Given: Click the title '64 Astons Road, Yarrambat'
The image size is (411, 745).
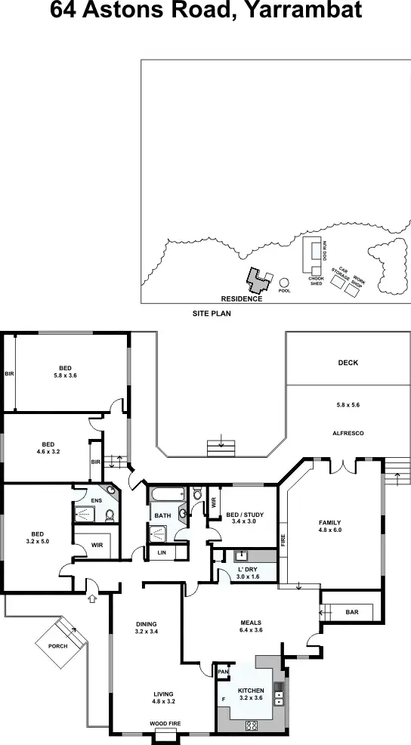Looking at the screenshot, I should pos(205,11).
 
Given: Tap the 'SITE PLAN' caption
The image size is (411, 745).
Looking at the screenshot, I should pos(211,313).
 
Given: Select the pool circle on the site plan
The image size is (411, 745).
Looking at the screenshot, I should pos(284,282).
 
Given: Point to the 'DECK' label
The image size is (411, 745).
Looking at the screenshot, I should pos(348,363).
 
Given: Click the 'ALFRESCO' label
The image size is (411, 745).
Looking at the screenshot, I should pos(348,433).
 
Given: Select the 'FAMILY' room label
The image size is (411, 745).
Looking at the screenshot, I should pos(329,523).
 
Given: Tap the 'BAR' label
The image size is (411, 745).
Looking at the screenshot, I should pos(352,612).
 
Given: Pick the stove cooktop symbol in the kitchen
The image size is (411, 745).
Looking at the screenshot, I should pos(252,725).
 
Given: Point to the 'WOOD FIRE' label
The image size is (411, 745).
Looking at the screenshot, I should pos(164,724).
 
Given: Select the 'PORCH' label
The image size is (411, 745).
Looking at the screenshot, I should pos(57,646).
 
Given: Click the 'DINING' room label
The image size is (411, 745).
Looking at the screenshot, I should pos(147,623).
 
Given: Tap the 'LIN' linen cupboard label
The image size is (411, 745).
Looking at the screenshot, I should pos(162,553).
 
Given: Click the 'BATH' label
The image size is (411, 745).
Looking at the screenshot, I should pos(163,516).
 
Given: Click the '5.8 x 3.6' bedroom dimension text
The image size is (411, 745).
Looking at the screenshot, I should pos(66,375).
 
